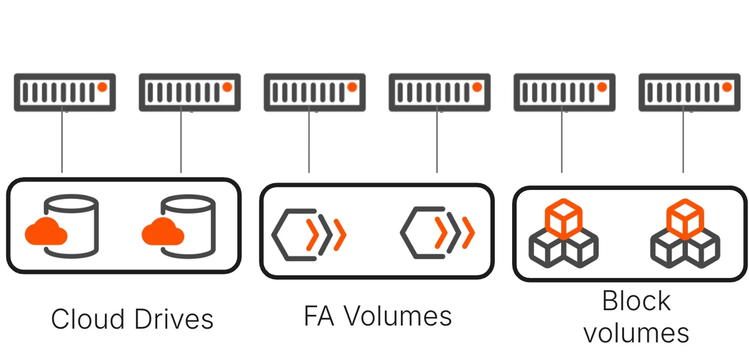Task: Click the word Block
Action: point(636,301)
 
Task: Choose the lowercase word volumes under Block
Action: point(636,332)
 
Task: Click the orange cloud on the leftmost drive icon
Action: point(46,232)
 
